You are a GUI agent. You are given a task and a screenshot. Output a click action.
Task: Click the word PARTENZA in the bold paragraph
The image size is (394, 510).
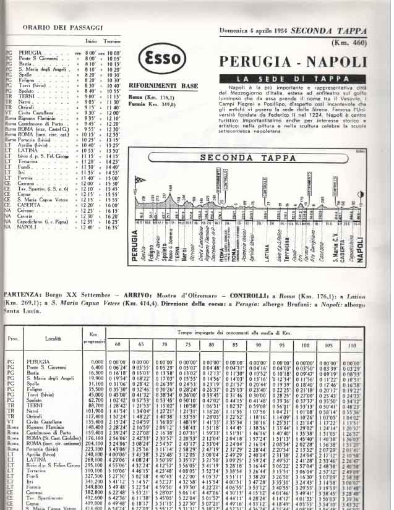tap(22, 297)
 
